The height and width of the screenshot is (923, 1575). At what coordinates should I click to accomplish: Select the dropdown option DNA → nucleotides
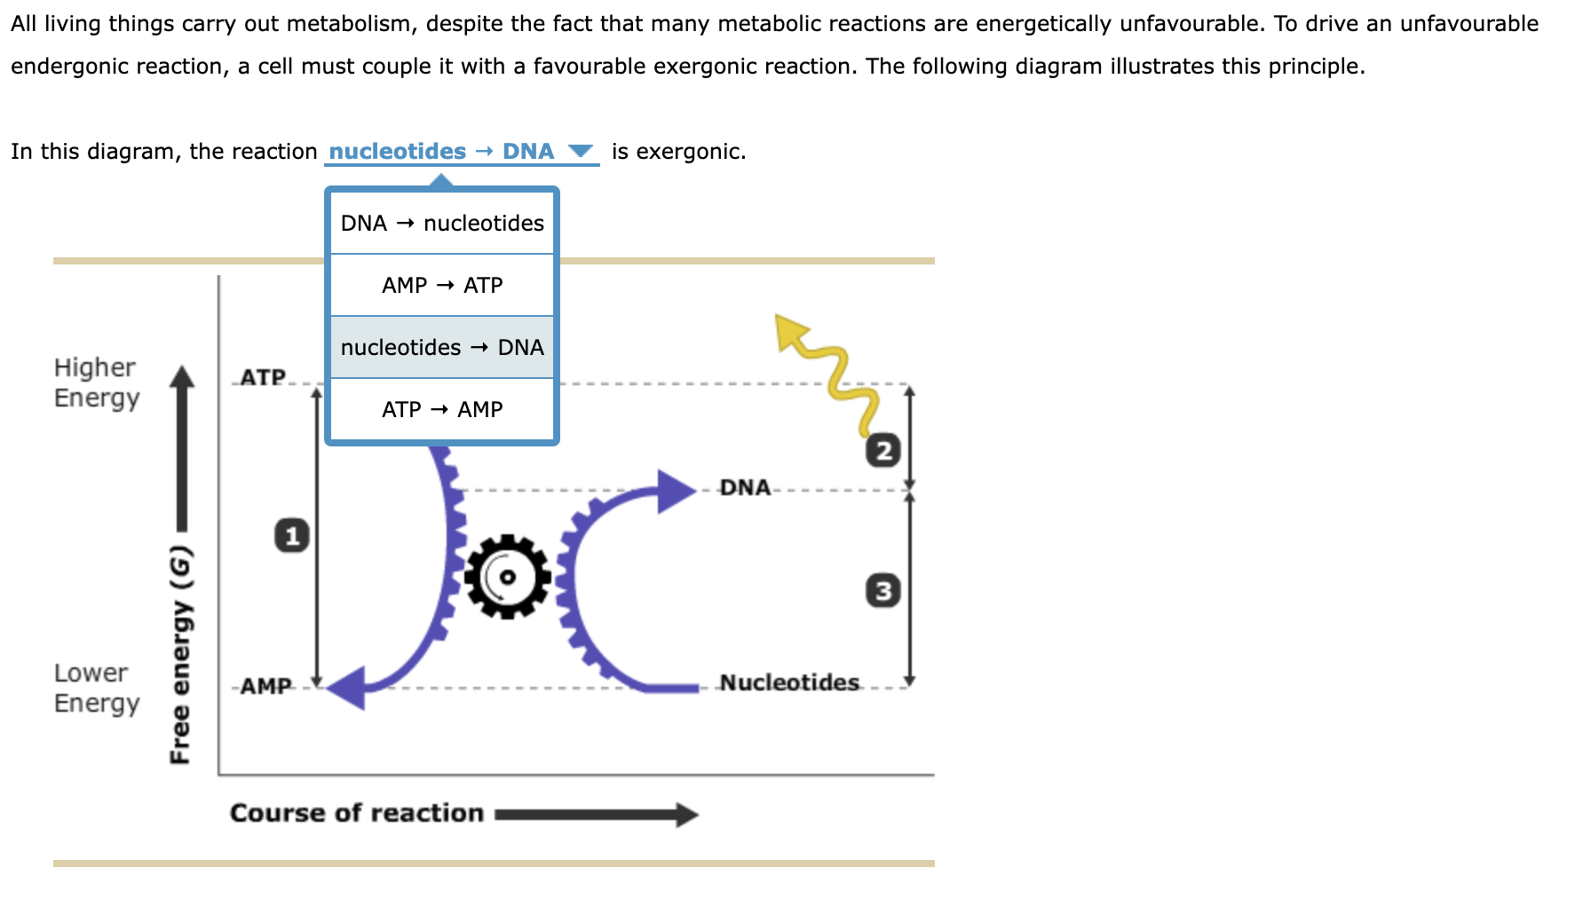point(442,224)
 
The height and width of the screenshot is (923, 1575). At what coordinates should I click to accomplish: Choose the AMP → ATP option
point(442,286)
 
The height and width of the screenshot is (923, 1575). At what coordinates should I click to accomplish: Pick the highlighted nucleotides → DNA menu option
point(442,348)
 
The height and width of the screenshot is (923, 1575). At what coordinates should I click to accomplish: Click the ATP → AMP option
point(442,410)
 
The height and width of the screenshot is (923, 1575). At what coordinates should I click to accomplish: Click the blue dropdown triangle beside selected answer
point(581,151)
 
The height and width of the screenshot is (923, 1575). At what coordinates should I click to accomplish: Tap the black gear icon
point(507,577)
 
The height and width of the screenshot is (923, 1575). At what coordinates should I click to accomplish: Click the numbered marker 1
point(292,535)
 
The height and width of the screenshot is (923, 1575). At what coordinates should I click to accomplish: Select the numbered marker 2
point(882,451)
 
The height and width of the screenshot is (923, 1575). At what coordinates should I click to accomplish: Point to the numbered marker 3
point(882,591)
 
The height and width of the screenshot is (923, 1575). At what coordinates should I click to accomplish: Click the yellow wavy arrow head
point(789,332)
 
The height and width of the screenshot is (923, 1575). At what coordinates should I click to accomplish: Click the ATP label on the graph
point(263,377)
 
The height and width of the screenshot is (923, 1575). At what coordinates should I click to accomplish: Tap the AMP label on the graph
point(265,686)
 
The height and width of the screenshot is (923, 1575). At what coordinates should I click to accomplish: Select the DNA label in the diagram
point(745,487)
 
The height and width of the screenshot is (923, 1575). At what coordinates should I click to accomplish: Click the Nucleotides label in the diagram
point(789,682)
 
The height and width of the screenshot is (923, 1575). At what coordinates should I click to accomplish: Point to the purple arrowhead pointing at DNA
point(676,491)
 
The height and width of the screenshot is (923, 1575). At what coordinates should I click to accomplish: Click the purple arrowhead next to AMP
point(347,688)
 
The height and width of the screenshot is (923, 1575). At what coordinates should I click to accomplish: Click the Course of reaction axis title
point(356,813)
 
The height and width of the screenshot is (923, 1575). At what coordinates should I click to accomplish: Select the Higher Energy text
point(96,383)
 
